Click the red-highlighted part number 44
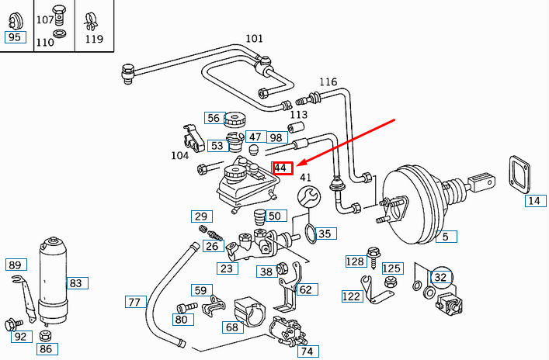coord(283,168)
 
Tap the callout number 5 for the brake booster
coord(445,237)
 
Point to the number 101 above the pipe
coord(254,39)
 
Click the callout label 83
coord(75,283)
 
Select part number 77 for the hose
coord(134,302)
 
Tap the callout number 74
coord(308,351)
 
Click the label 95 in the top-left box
coord(15,37)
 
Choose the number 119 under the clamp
coord(94,39)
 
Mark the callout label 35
coord(324,233)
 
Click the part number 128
coord(354,261)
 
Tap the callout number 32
coord(440,276)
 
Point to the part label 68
coord(231,327)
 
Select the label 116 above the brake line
coord(328,81)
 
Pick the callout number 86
coord(46,349)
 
